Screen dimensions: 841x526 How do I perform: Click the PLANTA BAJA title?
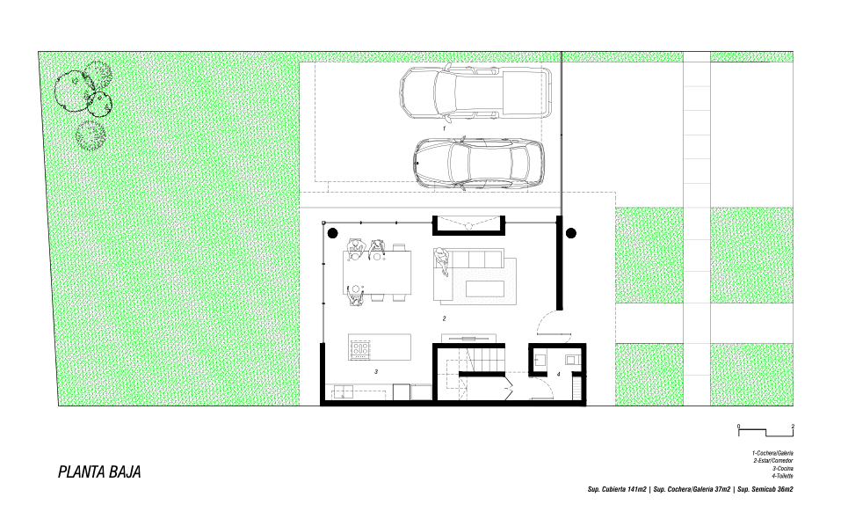(x=99, y=471)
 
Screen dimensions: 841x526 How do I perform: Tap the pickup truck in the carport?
(x=475, y=91)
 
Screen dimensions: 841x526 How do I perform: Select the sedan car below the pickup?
(x=478, y=164)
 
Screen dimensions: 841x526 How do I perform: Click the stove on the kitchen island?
(x=361, y=349)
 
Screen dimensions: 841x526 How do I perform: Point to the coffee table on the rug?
(x=485, y=289)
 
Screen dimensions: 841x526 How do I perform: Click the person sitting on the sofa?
(x=441, y=261)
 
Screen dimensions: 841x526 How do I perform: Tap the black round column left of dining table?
(x=332, y=233)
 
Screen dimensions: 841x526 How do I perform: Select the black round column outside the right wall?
(x=571, y=233)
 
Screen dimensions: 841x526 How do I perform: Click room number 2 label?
(x=444, y=318)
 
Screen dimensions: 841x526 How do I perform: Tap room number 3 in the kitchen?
(x=376, y=371)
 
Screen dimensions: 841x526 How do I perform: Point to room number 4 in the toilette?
(x=558, y=374)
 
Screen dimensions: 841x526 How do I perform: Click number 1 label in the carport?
(x=444, y=128)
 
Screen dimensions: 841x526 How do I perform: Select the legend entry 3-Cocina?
(x=782, y=469)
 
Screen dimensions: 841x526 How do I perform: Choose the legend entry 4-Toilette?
(x=782, y=476)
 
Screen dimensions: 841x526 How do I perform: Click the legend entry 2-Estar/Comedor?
(x=772, y=461)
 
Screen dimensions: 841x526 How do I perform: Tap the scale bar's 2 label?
(x=793, y=427)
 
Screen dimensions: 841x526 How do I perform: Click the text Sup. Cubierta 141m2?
(x=617, y=490)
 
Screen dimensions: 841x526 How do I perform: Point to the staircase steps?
(x=485, y=359)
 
